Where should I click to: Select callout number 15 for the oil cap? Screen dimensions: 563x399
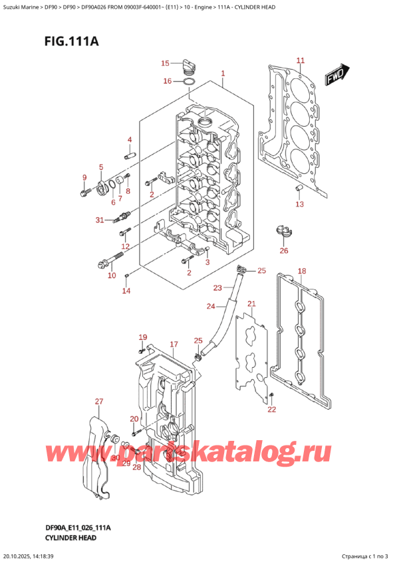point(166,64)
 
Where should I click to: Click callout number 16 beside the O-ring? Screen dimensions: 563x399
point(168,81)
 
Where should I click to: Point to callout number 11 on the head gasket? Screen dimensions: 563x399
point(300,60)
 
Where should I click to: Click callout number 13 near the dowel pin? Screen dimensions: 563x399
point(299,204)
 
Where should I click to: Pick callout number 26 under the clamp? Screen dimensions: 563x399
point(284,250)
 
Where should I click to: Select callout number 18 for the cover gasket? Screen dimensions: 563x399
point(301,271)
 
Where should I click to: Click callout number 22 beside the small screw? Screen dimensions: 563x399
point(271,410)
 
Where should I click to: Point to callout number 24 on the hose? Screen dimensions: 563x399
point(211,306)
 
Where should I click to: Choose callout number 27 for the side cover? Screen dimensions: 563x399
point(99,401)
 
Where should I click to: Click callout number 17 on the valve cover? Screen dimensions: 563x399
point(174,344)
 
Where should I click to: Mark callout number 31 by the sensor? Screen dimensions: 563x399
point(99,220)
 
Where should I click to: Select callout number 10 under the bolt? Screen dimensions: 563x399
point(112,275)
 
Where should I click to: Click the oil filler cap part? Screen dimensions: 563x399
point(188,65)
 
